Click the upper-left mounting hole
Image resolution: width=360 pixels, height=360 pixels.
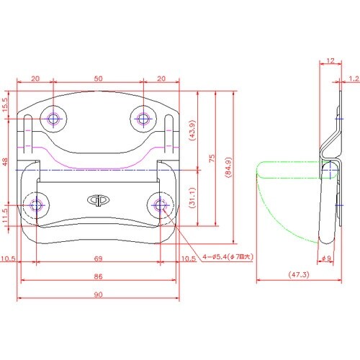coord(53,119)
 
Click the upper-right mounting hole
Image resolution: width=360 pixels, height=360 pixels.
coord(143,119)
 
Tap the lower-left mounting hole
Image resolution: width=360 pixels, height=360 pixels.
coord(36,205)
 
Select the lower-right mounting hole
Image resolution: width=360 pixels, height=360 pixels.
coord(160,205)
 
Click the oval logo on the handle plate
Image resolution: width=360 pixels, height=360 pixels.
coord(98,200)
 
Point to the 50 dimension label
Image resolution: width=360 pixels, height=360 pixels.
coord(98,78)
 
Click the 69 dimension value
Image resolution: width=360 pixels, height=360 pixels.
coord(98,258)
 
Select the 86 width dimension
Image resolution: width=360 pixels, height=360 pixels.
coord(98,276)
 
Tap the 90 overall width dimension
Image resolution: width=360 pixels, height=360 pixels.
coord(98,294)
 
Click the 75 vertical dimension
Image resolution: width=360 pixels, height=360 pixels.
coord(212,158)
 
